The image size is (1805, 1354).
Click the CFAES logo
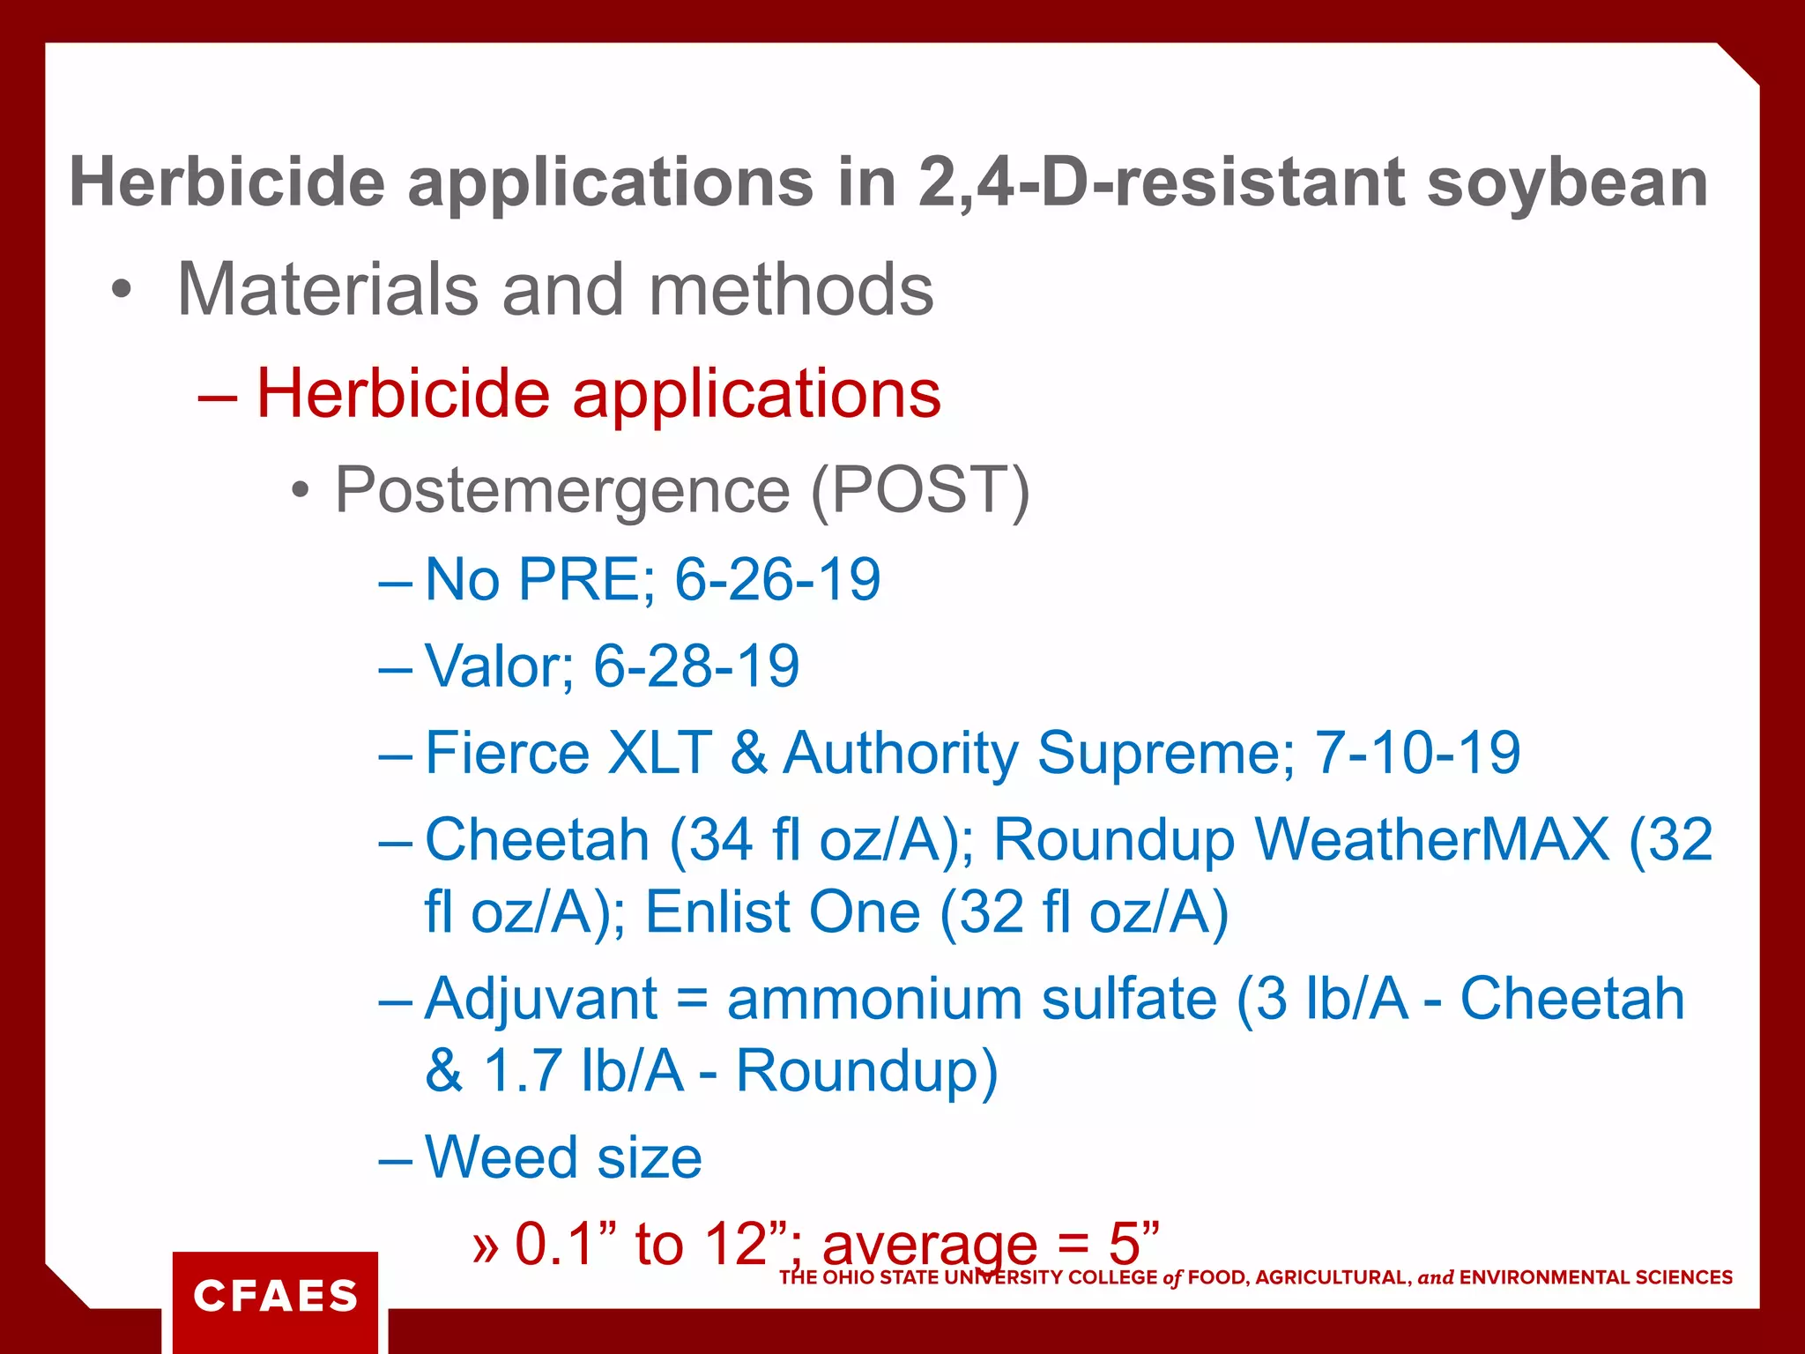coord(275,1296)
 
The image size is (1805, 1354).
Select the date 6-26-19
coord(777,580)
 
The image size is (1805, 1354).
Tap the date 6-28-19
coord(696,666)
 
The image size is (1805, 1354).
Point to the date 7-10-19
coord(1417,753)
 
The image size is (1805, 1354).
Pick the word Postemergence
coord(562,490)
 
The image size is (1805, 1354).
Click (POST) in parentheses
coord(920,490)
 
